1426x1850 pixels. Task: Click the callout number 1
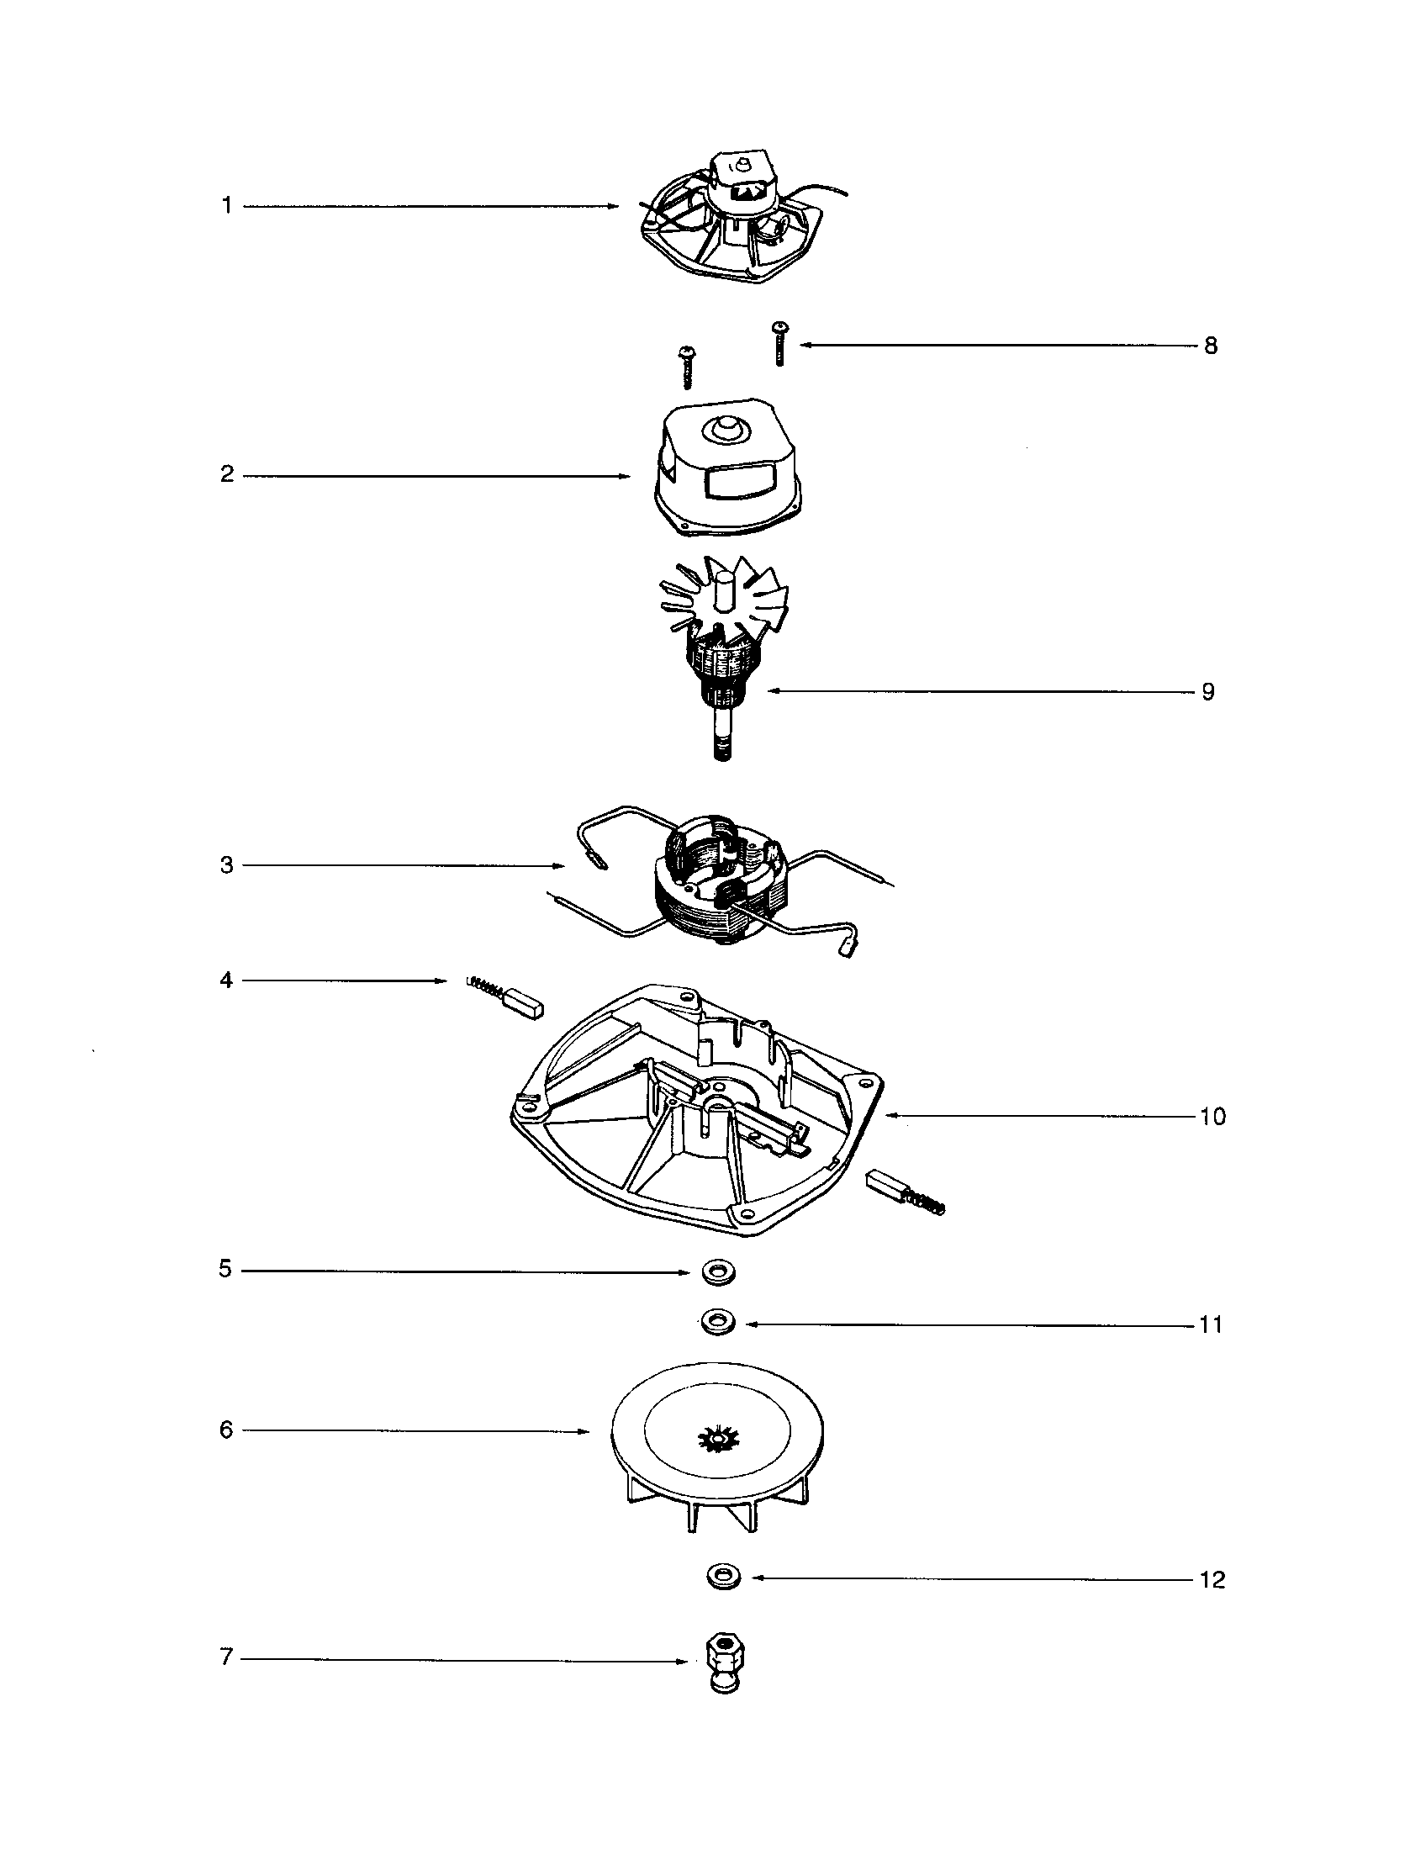pyautogui.click(x=226, y=206)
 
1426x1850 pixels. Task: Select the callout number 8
pyautogui.click(x=1211, y=346)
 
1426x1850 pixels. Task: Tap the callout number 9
pyautogui.click(x=1208, y=692)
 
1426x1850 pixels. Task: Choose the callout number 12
pyautogui.click(x=1212, y=1580)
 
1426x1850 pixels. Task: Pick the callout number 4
pyautogui.click(x=226, y=980)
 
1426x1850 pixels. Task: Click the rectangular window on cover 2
pyautogui.click(x=739, y=483)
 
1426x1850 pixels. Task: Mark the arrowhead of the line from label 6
pyautogui.click(x=586, y=1431)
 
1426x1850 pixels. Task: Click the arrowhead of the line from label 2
pyautogui.click(x=627, y=476)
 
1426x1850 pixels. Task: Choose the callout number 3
pyautogui.click(x=226, y=865)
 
